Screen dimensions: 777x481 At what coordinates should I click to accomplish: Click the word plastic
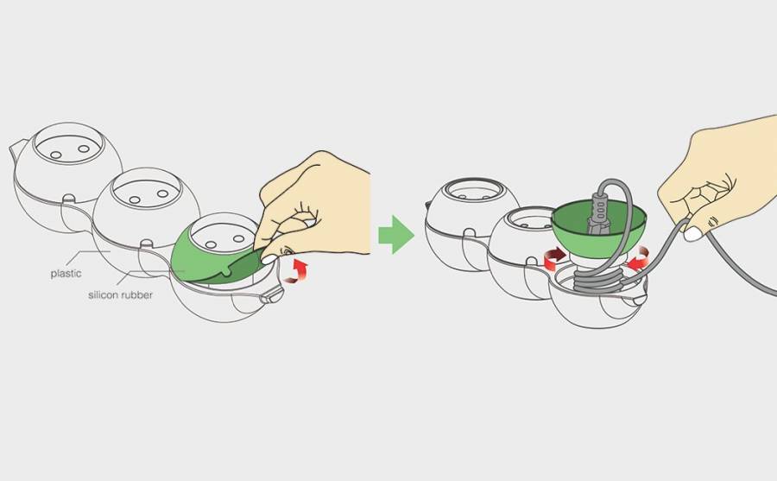[66, 273]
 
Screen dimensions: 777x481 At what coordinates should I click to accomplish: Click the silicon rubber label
[120, 295]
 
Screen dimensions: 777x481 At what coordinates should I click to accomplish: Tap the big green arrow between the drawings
[396, 235]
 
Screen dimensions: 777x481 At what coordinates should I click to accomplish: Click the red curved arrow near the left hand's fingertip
[296, 271]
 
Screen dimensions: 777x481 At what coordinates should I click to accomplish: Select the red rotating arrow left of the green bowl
[555, 258]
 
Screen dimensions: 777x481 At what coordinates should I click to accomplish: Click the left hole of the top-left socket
[55, 155]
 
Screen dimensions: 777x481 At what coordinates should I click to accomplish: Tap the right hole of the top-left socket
[84, 149]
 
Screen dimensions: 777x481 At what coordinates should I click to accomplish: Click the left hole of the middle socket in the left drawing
[135, 199]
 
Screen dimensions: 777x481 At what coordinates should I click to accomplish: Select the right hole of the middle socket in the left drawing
[162, 193]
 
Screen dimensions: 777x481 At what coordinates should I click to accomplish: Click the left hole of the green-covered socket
[211, 245]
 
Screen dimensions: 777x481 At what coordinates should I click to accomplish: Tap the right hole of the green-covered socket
[238, 238]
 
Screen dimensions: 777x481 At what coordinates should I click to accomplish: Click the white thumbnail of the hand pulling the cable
[692, 233]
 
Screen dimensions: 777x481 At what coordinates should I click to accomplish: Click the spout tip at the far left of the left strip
[12, 147]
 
